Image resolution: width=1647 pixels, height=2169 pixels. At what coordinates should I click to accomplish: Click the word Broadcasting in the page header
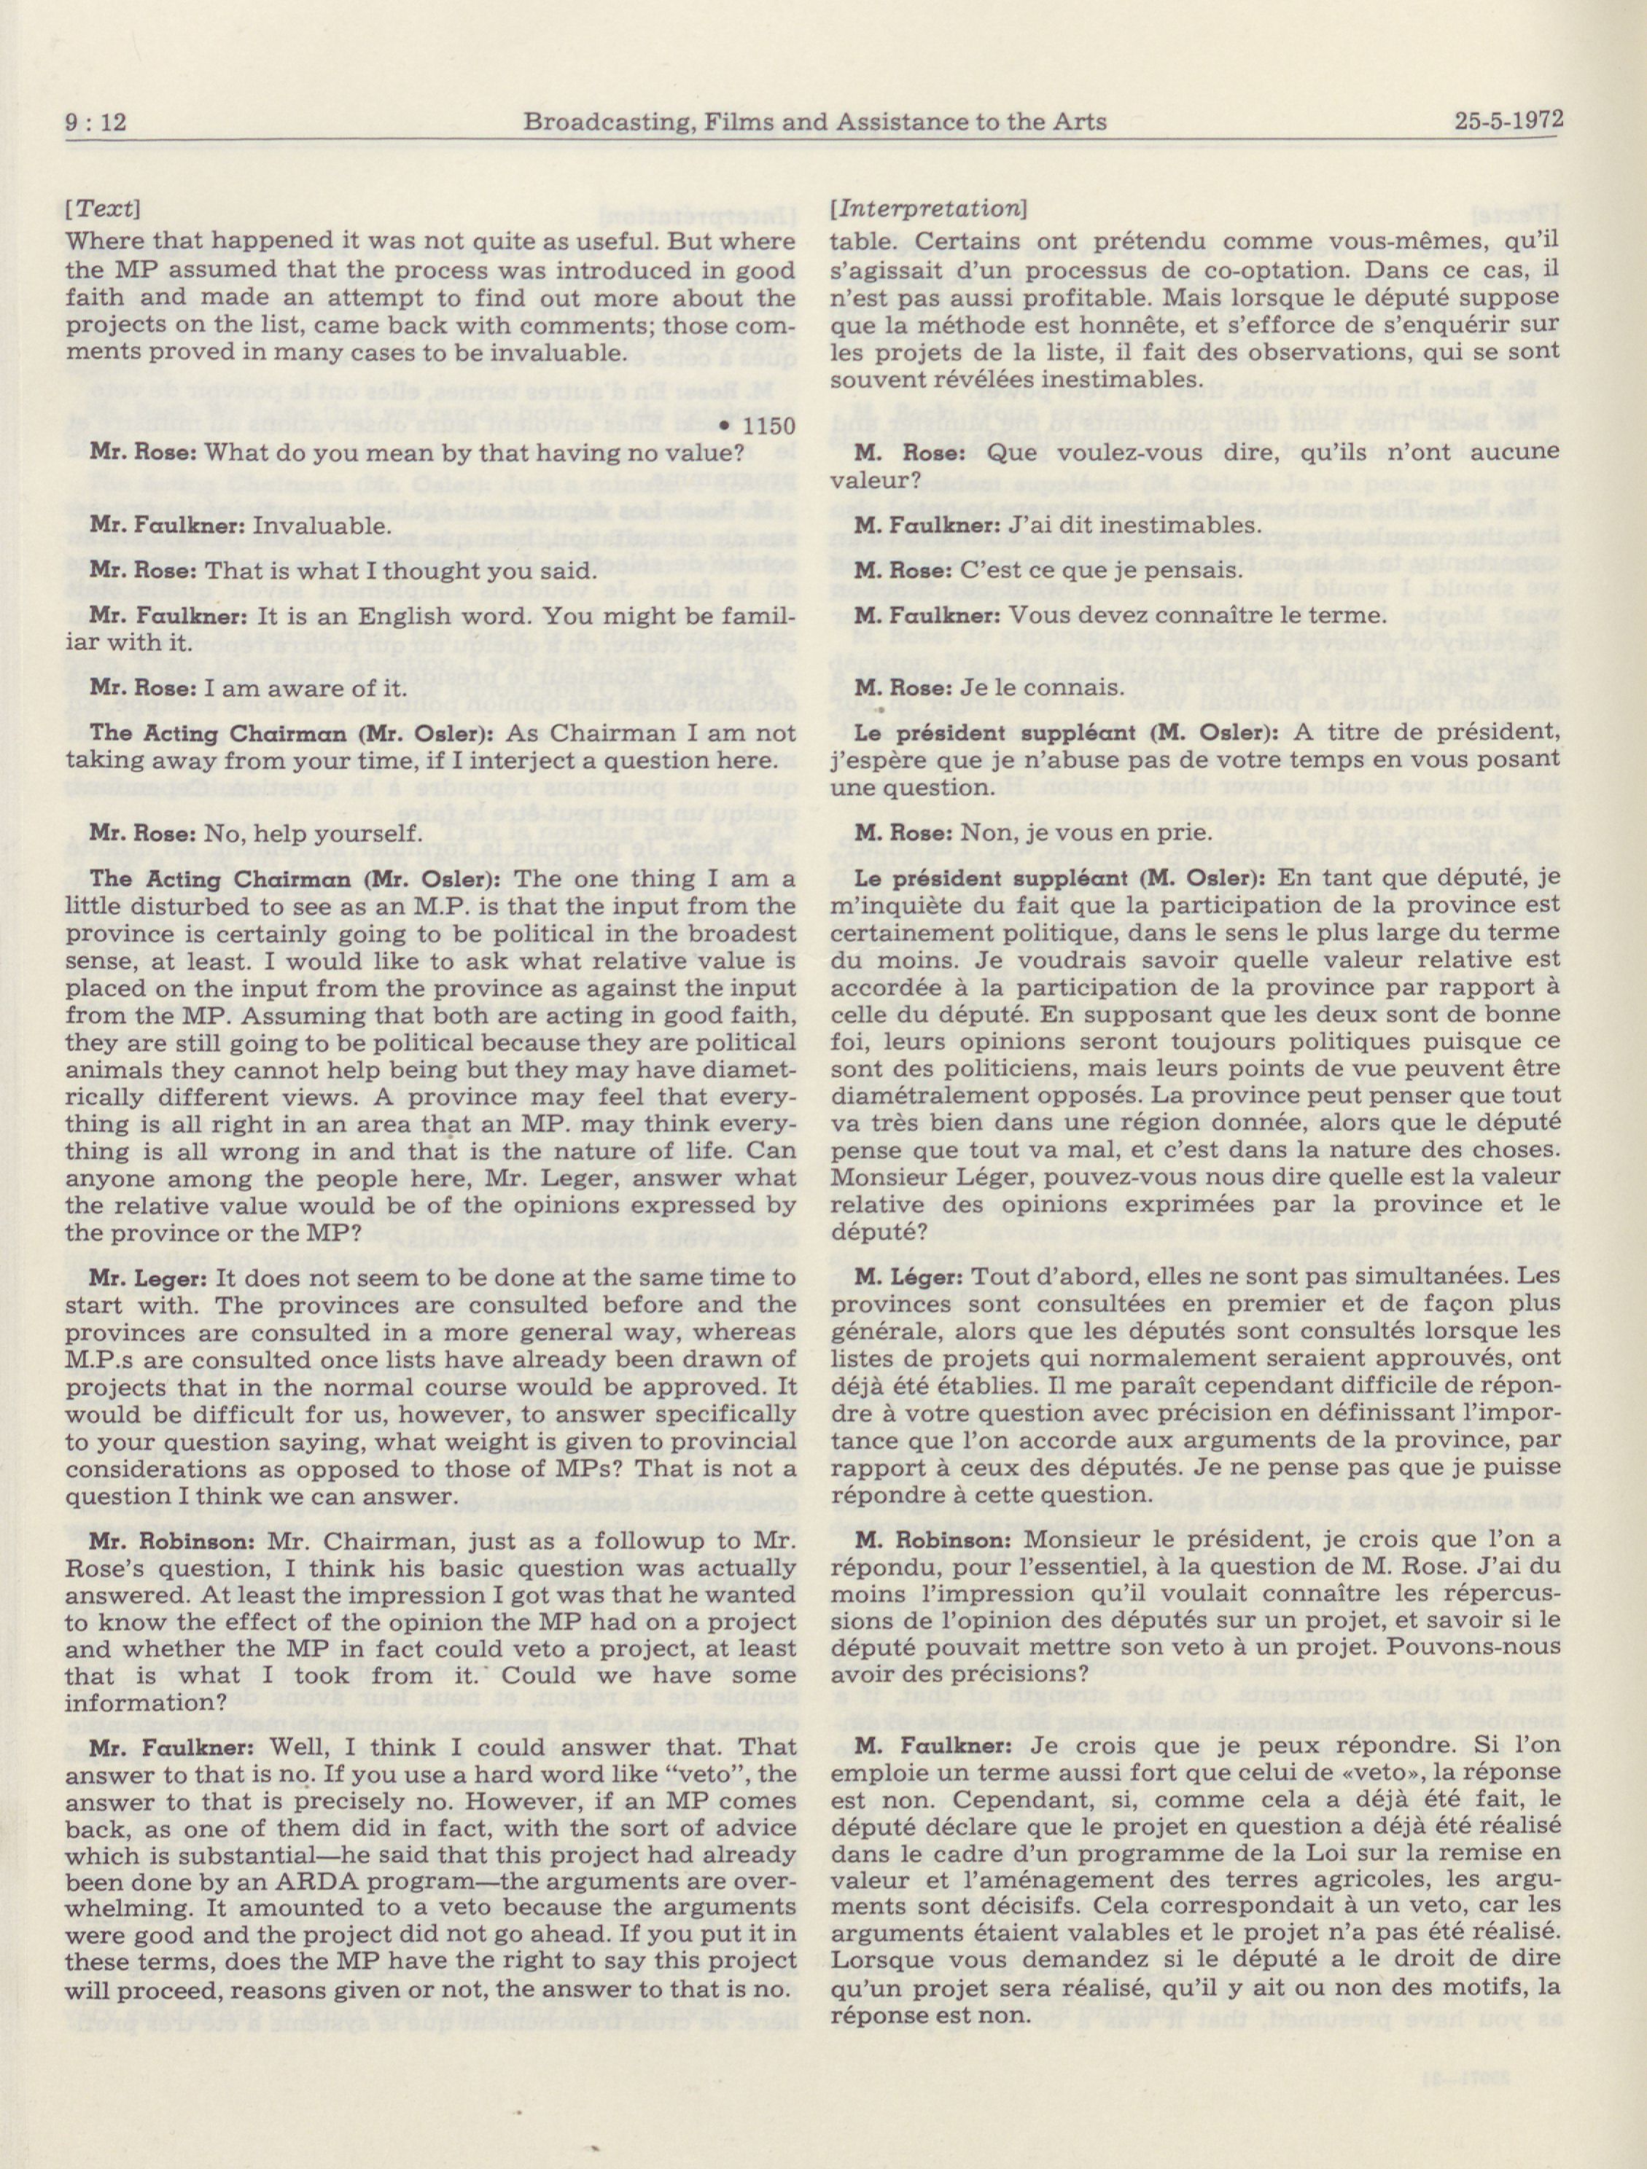coord(599,122)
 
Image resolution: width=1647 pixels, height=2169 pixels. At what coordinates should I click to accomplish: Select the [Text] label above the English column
coord(102,209)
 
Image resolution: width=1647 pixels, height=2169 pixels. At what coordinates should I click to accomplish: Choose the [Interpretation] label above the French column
coord(928,209)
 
